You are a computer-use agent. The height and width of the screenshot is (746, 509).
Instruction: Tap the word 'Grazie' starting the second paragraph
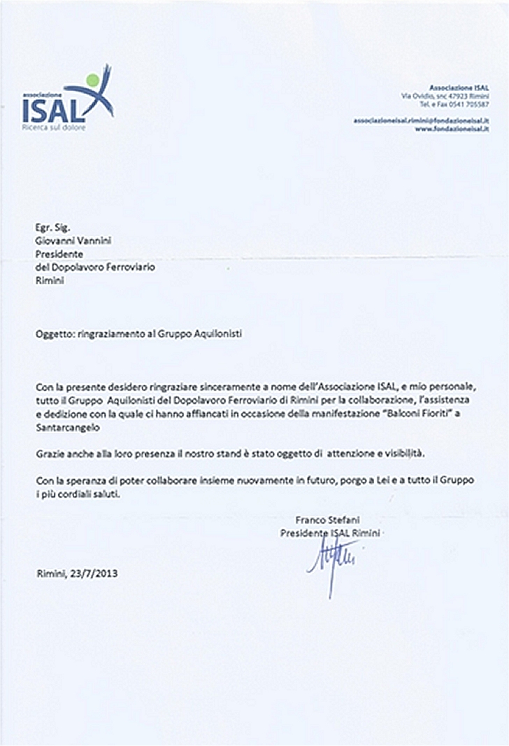49,454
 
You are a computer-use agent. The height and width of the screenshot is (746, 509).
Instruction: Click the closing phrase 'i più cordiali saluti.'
79,495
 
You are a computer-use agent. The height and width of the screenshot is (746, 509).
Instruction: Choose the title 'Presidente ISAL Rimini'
333,533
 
